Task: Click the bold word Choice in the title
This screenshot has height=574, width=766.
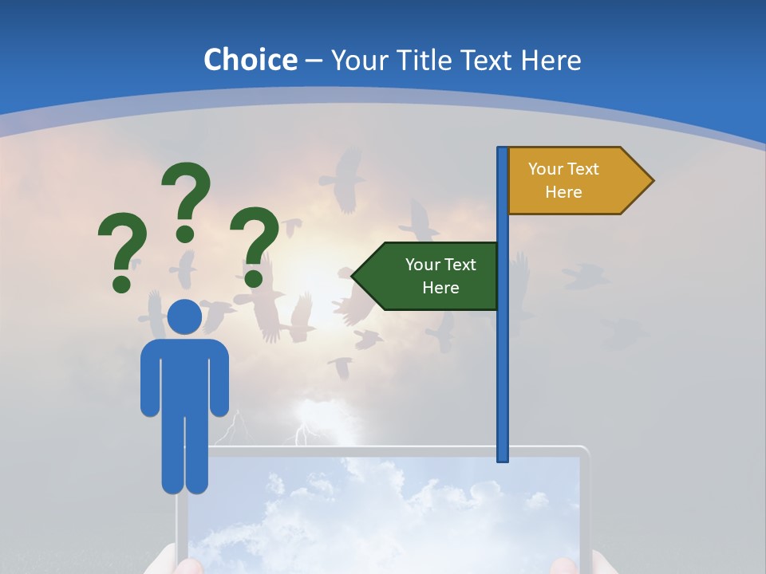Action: point(250,60)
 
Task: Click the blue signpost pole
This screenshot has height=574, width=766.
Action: point(503,319)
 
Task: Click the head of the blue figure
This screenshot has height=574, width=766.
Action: point(184,317)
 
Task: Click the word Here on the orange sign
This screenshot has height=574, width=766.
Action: point(563,192)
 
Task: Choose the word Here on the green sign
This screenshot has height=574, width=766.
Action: point(440,288)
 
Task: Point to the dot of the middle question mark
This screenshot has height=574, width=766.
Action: point(185,234)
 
